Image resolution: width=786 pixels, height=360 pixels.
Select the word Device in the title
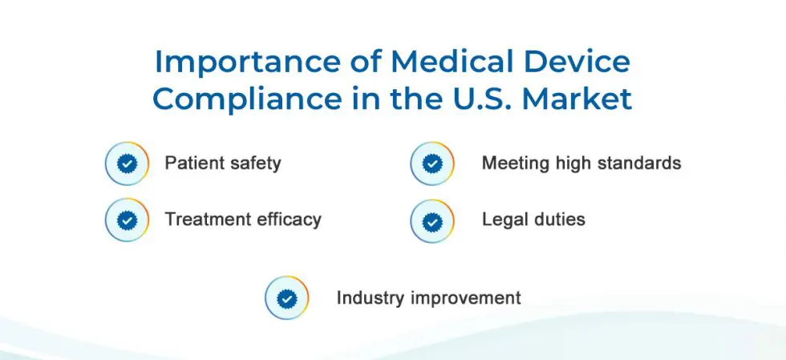click(x=579, y=61)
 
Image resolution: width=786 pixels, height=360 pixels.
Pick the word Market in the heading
click(x=577, y=99)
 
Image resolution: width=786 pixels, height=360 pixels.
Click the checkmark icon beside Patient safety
click(x=128, y=164)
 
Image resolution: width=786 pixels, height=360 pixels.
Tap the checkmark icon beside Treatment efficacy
click(x=128, y=220)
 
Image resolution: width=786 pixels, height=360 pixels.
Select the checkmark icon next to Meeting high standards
click(x=432, y=164)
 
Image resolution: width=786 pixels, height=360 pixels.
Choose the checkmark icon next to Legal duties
click(x=432, y=221)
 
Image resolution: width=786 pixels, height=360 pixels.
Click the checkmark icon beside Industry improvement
click(x=287, y=297)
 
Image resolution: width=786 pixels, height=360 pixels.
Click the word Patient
click(x=192, y=163)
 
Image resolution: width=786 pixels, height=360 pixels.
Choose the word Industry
click(x=371, y=298)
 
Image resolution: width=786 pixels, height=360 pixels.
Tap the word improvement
click(x=466, y=298)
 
